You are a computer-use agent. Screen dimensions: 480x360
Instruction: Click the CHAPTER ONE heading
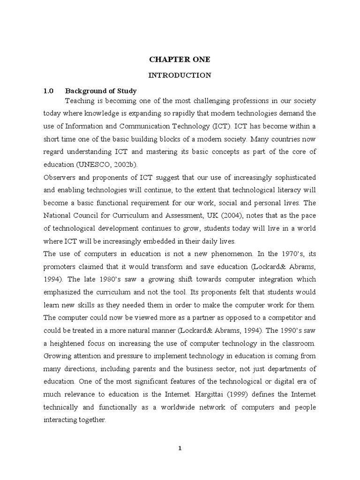point(180,60)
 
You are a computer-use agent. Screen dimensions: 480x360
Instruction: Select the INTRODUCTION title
point(180,75)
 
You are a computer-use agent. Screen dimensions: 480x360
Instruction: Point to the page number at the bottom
point(180,448)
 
